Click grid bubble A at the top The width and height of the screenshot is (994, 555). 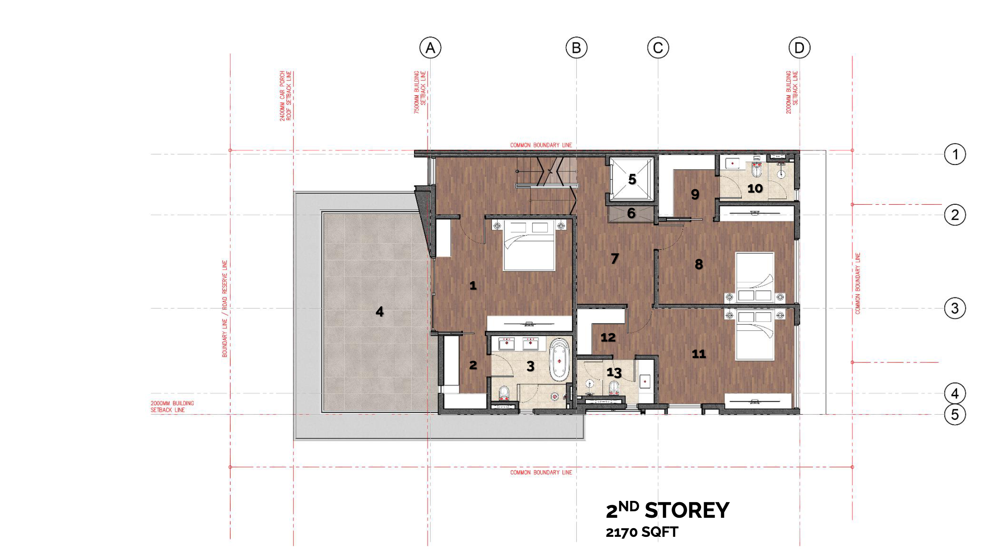coord(430,48)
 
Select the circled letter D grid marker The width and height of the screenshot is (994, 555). coord(799,48)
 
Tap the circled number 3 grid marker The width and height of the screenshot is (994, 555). coord(955,308)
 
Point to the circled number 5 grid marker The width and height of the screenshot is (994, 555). coord(955,415)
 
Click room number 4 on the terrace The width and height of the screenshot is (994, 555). coord(380,311)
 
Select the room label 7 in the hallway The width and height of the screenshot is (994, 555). coord(614,258)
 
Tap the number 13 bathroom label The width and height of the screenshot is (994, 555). coord(614,372)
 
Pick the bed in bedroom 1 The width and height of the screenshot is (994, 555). coord(529,245)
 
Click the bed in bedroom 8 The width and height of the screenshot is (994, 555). coord(755,277)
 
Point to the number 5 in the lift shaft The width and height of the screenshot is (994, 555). coord(632,179)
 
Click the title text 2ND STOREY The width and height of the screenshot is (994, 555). coord(668,510)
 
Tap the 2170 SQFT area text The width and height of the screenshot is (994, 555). coord(642,532)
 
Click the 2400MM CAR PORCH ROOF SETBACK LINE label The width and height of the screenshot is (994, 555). coord(286,96)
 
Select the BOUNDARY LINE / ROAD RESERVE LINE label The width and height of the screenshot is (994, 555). coord(224,309)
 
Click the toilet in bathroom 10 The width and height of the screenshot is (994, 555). coord(757,171)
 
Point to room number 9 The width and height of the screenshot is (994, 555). coord(695,194)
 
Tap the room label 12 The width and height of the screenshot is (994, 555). coord(608,337)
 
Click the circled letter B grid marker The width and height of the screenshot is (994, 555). coord(576,48)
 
